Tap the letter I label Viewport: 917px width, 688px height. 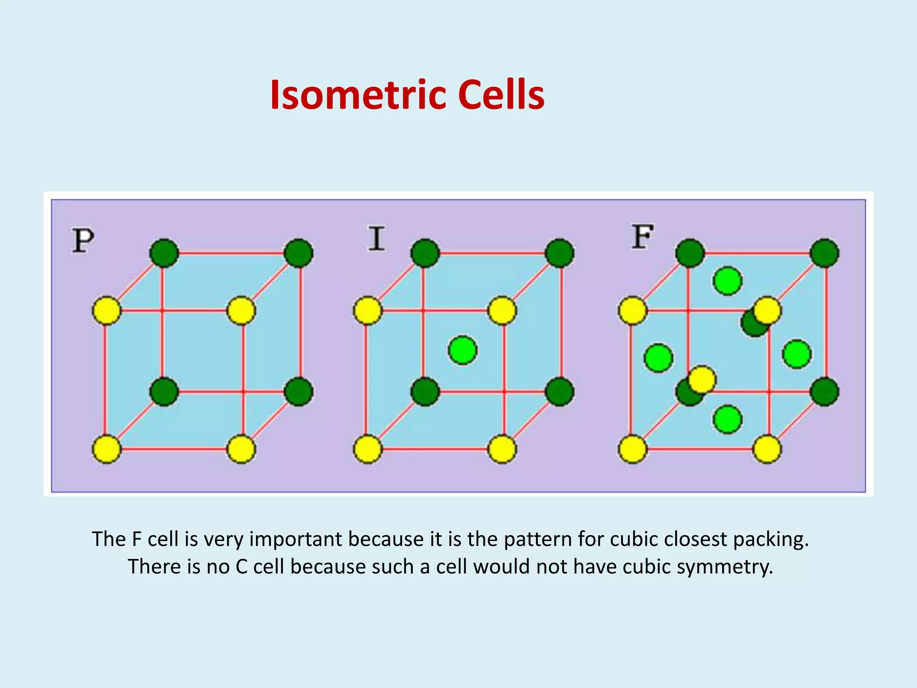pos(376,238)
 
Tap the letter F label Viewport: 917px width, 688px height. pos(643,237)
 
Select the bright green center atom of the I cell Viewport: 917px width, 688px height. pos(463,350)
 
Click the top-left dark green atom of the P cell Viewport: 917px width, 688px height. pos(164,253)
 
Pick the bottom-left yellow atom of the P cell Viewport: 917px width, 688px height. pos(107,449)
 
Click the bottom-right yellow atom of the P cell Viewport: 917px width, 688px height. pos(241,449)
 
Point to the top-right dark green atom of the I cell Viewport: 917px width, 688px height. pos(560,253)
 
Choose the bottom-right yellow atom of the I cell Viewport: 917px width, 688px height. pos(502,449)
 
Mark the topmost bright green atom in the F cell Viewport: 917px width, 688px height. pos(727,281)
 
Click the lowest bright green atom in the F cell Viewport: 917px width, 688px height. pos(727,419)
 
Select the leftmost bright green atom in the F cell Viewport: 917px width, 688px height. pos(658,358)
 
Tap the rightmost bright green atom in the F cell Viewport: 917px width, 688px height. pos(797,354)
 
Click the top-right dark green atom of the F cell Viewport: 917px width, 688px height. pos(825,253)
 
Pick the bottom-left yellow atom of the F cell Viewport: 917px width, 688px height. pos(632,449)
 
